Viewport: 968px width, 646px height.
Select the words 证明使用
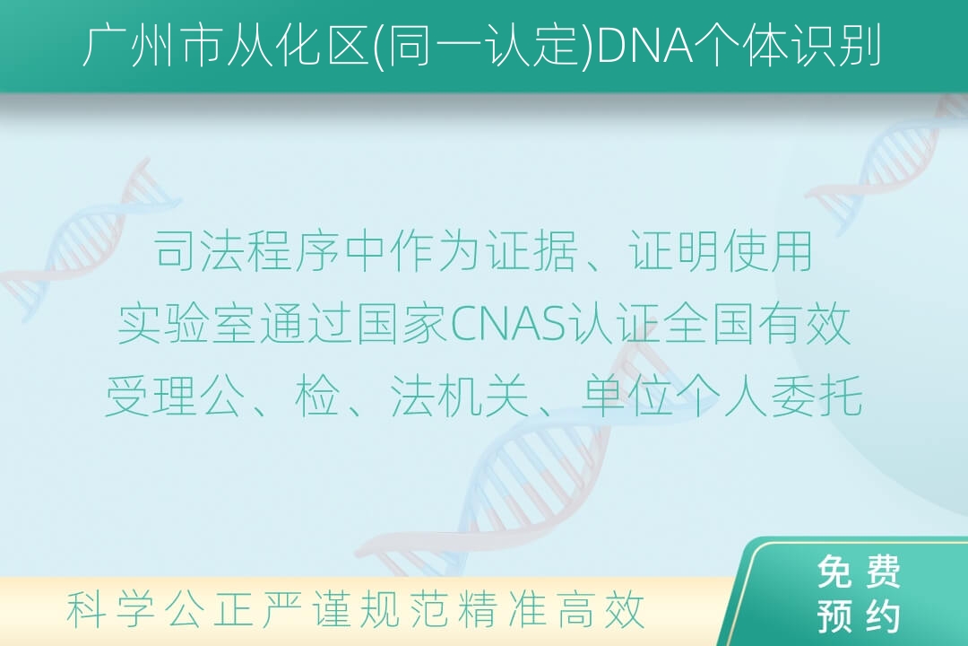coord(720,251)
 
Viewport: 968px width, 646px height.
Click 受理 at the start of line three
coord(151,397)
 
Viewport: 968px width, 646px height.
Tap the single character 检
coord(317,397)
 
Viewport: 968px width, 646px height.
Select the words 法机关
coord(459,397)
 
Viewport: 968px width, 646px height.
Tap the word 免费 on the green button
coord(859,572)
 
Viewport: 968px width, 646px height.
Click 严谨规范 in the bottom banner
coord(355,609)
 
